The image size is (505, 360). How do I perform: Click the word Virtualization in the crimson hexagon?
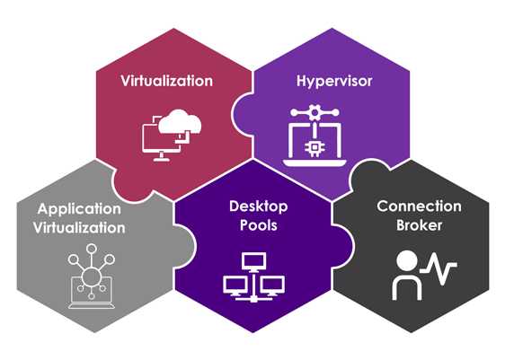pos(167,81)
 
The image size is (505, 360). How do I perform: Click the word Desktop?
pos(252,206)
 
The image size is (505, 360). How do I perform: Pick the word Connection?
pos(419,207)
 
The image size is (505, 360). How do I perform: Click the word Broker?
pos(419,225)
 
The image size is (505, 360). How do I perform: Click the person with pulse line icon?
pos(423,273)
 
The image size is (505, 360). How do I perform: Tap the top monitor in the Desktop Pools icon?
pos(252,259)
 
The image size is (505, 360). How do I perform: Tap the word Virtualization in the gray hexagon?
pos(82,227)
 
